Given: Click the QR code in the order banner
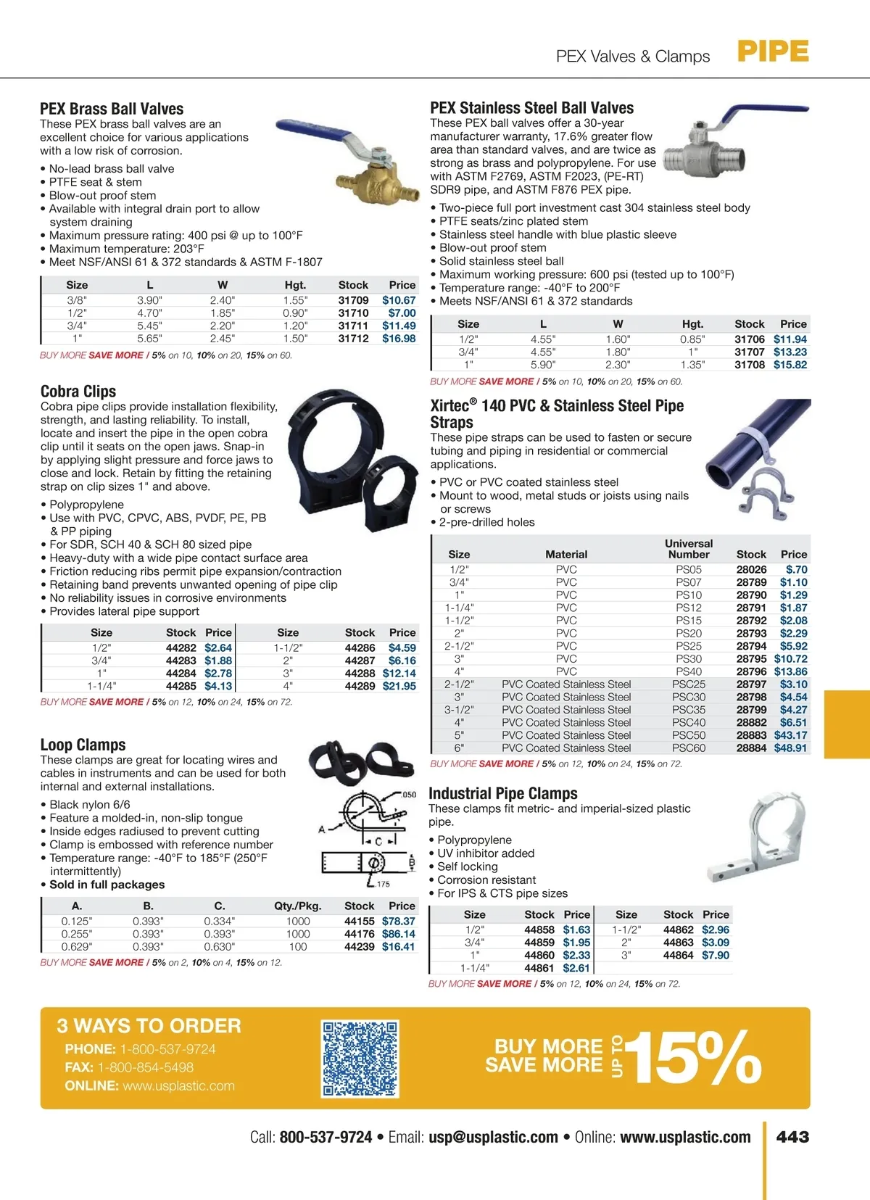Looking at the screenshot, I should [x=360, y=1059].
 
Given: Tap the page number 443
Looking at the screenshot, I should [x=792, y=1137].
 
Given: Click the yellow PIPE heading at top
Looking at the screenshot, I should [x=773, y=51].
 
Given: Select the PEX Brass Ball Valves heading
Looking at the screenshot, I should [x=112, y=109].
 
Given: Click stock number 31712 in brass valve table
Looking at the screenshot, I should [x=353, y=339].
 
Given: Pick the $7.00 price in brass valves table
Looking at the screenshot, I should [x=402, y=313].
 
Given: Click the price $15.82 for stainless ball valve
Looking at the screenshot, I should [x=790, y=365].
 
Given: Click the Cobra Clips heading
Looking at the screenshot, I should [x=78, y=392].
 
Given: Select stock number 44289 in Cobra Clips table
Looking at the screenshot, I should [x=360, y=686].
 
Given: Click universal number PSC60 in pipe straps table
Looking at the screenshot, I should [x=688, y=748].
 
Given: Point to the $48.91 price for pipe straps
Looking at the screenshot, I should [x=790, y=748].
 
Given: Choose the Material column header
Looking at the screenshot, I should [x=566, y=554].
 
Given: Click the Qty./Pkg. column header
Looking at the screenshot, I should [x=297, y=906].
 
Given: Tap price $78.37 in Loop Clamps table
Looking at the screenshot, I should [x=399, y=922].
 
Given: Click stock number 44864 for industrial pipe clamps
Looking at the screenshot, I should [x=678, y=956].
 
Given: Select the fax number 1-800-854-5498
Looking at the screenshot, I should [x=145, y=1067].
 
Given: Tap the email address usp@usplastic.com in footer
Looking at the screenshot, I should [x=493, y=1138].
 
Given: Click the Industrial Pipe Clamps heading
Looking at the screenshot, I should [x=503, y=793].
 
